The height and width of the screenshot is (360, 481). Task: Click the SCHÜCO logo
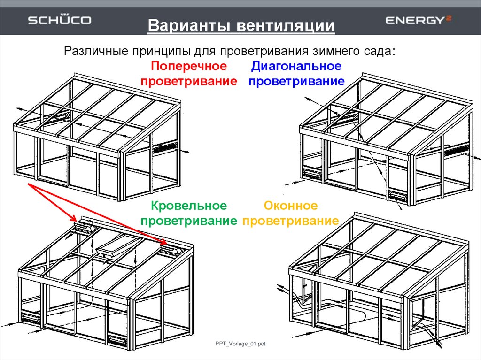60,20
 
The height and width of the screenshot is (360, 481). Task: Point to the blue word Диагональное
296,66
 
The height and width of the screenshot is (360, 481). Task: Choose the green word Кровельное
189,206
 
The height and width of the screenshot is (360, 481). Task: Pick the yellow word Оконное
291,206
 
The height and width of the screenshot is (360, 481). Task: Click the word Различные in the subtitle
95,50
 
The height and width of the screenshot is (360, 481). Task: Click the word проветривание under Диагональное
297,81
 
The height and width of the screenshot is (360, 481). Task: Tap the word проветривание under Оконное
291,221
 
